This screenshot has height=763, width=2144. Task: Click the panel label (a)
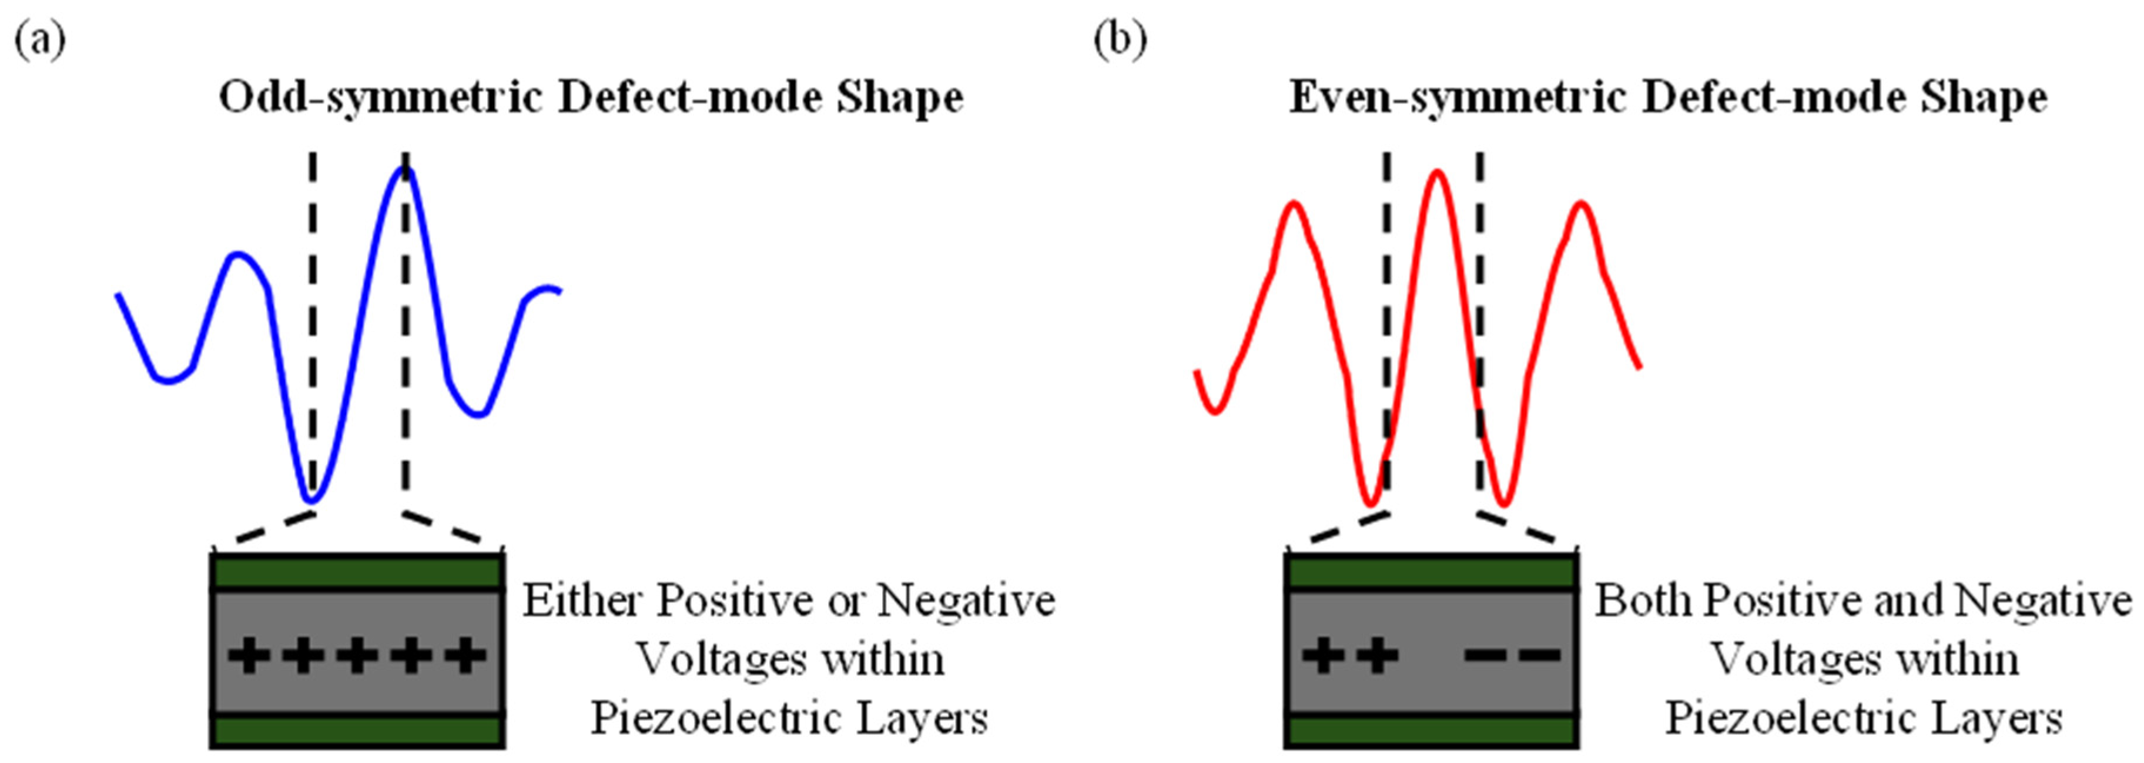(39, 39)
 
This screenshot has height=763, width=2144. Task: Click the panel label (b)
(1120, 39)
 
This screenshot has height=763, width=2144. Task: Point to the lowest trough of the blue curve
(312, 500)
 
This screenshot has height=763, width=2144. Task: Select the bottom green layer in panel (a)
(357, 731)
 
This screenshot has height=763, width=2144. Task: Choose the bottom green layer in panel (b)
(1432, 731)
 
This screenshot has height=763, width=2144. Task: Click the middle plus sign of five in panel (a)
(357, 655)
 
